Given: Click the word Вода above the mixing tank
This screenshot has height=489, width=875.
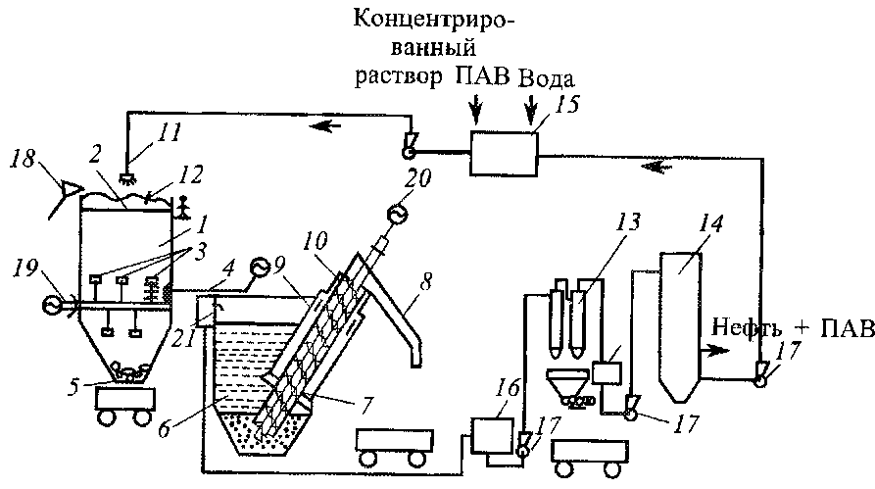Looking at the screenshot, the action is pos(546,78).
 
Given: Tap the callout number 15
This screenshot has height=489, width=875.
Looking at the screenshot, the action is pos(567,106).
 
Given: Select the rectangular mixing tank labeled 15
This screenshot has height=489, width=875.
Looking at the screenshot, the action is pos(504,154).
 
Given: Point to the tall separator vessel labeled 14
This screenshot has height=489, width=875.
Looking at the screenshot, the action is pos(680,327).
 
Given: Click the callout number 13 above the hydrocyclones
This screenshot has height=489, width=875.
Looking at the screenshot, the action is pos(628,221).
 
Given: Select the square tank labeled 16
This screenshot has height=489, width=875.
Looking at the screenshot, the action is pos(492,435).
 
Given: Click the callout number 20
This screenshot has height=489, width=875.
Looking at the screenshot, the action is pos(418,178).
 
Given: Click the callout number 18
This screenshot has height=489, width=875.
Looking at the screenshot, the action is pos(23,158).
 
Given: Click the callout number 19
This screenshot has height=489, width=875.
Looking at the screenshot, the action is pos(24,269).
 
